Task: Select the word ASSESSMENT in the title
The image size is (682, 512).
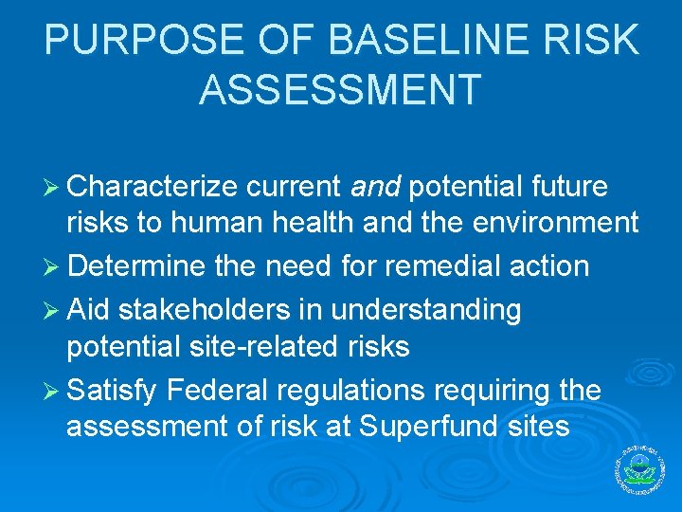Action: [x=340, y=89]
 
